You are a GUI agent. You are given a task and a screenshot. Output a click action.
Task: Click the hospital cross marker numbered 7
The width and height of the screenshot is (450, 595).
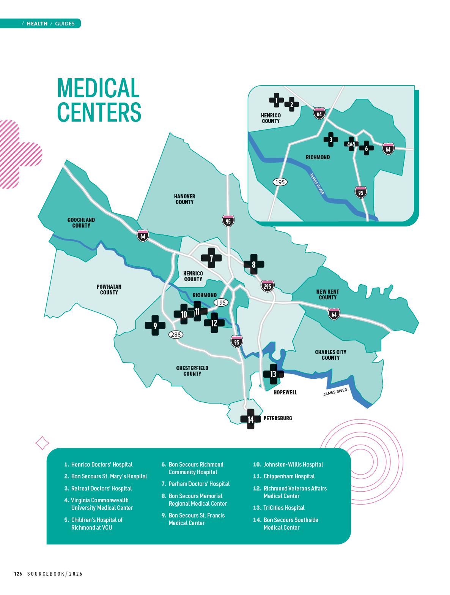click(x=211, y=258)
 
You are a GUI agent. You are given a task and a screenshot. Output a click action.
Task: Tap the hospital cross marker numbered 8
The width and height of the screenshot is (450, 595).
click(x=254, y=264)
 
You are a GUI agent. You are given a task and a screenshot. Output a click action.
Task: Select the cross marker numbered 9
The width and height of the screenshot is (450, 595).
click(x=155, y=325)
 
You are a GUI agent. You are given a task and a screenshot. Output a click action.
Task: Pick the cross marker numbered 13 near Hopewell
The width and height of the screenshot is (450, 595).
click(x=273, y=374)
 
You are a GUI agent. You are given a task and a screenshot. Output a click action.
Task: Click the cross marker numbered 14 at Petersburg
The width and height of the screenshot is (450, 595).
click(x=250, y=419)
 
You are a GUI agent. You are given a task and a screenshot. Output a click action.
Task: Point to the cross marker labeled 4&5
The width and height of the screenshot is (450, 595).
click(x=351, y=144)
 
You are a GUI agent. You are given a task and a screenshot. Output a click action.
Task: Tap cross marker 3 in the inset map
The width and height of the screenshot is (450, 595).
click(x=331, y=139)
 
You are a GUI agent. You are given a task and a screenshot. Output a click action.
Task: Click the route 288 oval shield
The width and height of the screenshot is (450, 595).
click(x=176, y=334)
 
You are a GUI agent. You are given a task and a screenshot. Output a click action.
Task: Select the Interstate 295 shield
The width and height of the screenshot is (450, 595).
click(x=267, y=286)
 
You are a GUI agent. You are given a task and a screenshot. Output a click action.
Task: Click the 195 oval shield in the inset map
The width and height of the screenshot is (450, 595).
click(x=280, y=182)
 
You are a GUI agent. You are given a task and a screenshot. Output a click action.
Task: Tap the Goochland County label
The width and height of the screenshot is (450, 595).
click(x=81, y=223)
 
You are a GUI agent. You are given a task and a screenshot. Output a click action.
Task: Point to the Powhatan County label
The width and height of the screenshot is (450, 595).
click(x=109, y=290)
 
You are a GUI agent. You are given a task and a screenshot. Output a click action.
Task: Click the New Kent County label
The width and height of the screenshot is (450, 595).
click(x=327, y=294)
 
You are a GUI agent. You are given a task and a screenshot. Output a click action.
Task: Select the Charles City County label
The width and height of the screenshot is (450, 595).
click(x=330, y=355)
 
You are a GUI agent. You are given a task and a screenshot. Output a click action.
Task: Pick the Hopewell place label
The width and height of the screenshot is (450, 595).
click(x=285, y=392)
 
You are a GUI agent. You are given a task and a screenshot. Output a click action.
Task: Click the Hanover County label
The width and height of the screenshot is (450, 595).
click(x=184, y=199)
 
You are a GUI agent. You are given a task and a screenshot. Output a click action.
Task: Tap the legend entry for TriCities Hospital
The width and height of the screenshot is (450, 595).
click(x=284, y=508)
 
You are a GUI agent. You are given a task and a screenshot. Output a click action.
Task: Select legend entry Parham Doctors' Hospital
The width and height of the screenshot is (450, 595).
click(x=199, y=484)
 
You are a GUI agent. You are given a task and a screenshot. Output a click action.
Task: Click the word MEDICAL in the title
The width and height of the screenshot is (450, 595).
click(x=98, y=88)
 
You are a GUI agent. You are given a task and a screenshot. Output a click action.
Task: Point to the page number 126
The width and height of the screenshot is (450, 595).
click(x=18, y=574)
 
